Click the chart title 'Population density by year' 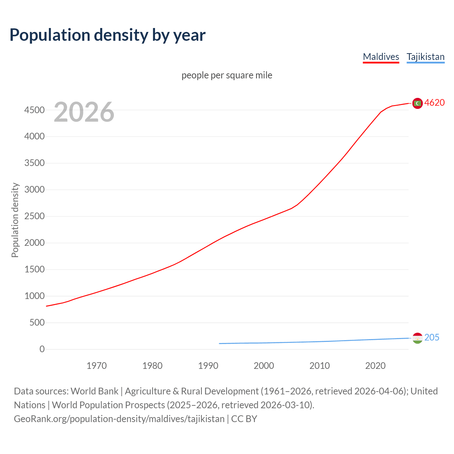pyautogui.click(x=107, y=35)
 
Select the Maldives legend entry pyautogui.click(x=381, y=57)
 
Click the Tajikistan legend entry pyautogui.click(x=425, y=57)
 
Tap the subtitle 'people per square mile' pyautogui.click(x=227, y=76)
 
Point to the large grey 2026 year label pyautogui.click(x=84, y=112)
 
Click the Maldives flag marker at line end pyautogui.click(x=417, y=103)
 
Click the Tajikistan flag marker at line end pyautogui.click(x=417, y=338)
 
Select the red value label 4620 pyautogui.click(x=434, y=103)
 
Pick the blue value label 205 pyautogui.click(x=432, y=338)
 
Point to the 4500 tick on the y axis pyautogui.click(x=34, y=110)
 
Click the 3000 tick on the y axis pyautogui.click(x=34, y=190)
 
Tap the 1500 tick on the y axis pyautogui.click(x=34, y=270)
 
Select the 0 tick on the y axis pyautogui.click(x=42, y=349)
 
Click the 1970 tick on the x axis pyautogui.click(x=96, y=366)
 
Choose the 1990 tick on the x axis pyautogui.click(x=208, y=366)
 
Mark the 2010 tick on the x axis pyautogui.click(x=320, y=366)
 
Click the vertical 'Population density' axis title pyautogui.click(x=15, y=220)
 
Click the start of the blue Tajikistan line pyautogui.click(x=220, y=343)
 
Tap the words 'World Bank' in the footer pyautogui.click(x=94, y=391)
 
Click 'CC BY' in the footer pyautogui.click(x=244, y=419)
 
